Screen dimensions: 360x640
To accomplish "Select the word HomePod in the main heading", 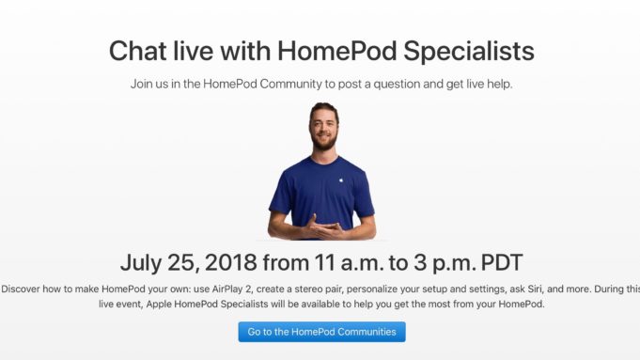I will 324,51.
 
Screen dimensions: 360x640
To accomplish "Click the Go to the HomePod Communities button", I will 321,332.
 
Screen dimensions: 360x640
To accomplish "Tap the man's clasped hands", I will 321,227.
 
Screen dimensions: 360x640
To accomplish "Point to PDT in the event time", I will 495,261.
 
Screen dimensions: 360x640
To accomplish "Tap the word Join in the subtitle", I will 142,85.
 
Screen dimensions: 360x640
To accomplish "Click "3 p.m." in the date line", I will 433,261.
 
